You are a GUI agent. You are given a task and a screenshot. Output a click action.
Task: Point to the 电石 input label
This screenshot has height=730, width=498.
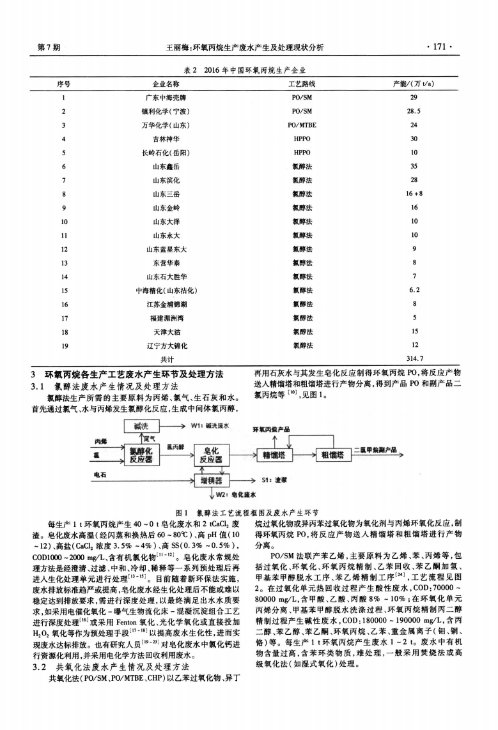[x=101, y=475]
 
